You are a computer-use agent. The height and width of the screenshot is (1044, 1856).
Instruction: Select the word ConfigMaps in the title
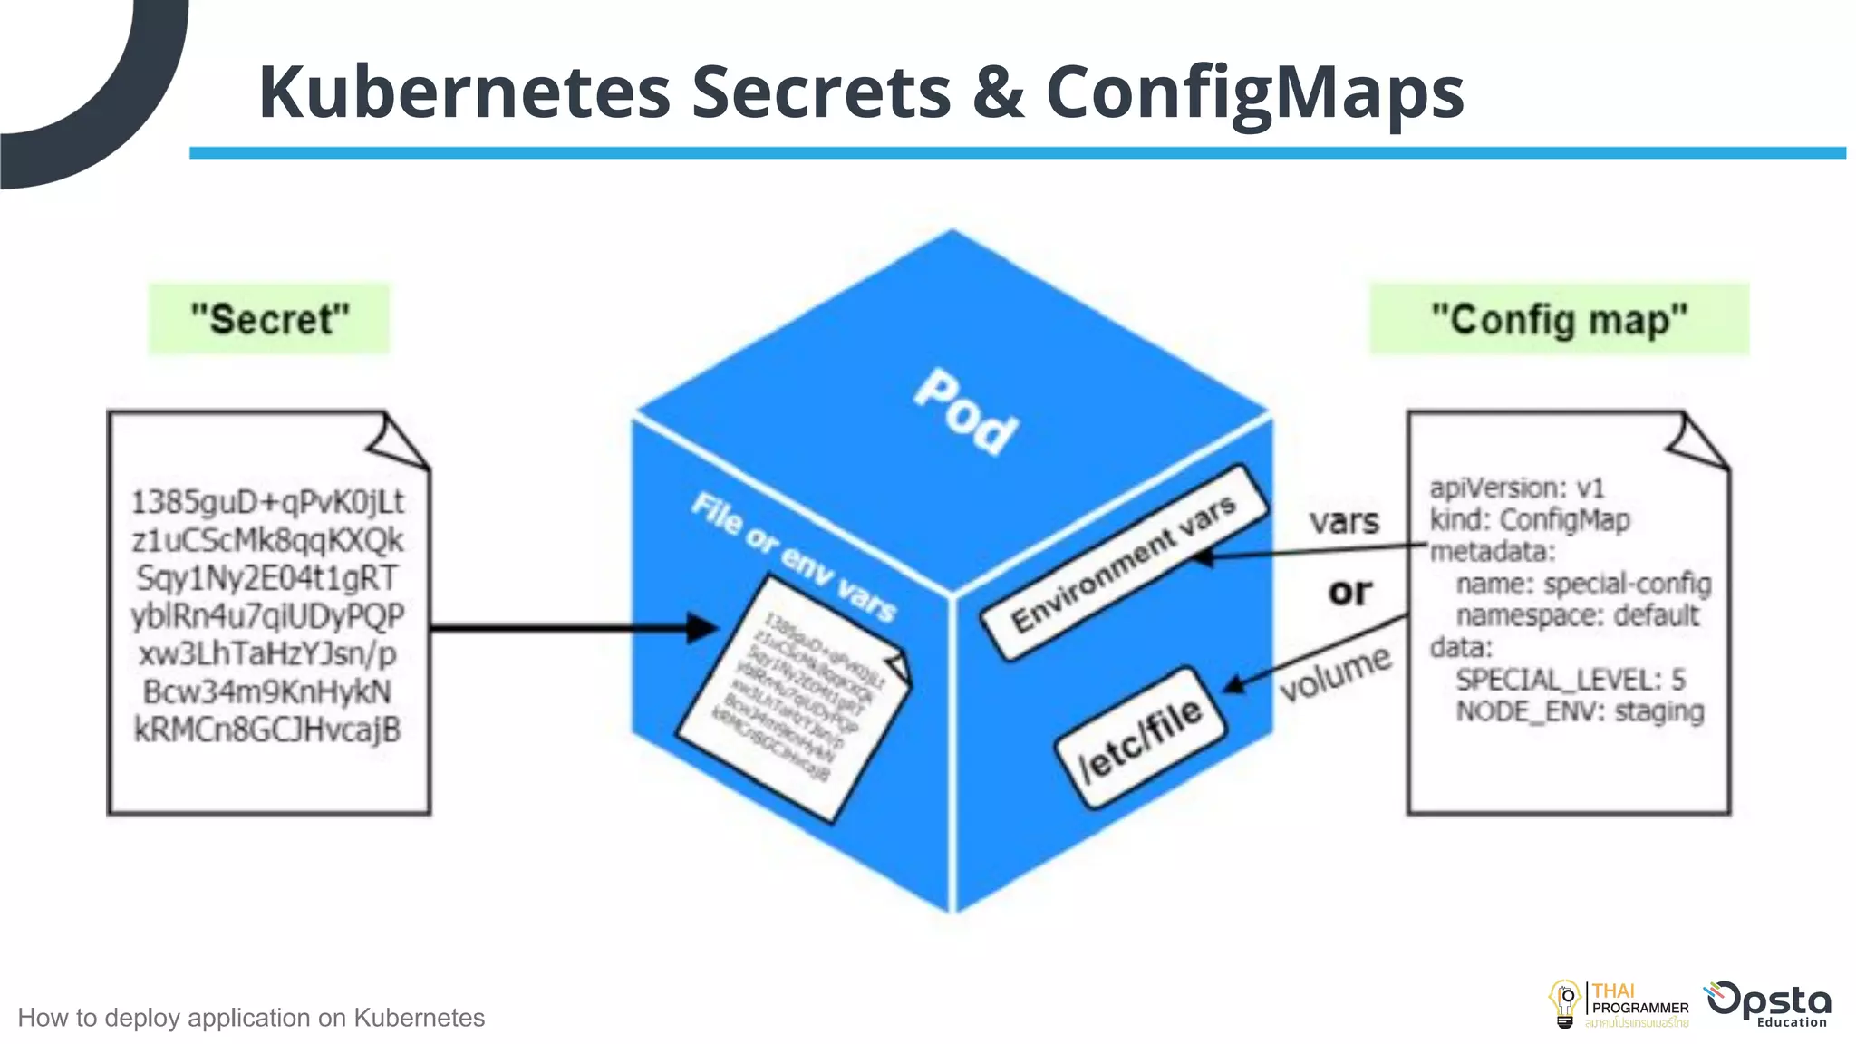[x=1255, y=93]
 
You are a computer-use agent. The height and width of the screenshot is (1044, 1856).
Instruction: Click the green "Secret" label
[x=269, y=319]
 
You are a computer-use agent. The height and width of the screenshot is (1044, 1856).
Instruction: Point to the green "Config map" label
[x=1559, y=319]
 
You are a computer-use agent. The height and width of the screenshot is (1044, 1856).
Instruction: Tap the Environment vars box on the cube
[x=1124, y=564]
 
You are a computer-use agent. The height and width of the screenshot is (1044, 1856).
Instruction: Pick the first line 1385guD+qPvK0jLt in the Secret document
[x=268, y=502]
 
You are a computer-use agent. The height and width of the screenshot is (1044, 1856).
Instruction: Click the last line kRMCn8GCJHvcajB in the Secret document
[x=268, y=730]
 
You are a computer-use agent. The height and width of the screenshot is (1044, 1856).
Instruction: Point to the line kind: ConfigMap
[x=1530, y=520]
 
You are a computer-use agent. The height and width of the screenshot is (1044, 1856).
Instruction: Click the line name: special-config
[x=1583, y=584]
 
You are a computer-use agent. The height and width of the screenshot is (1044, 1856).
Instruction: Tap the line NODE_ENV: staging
[x=1580, y=711]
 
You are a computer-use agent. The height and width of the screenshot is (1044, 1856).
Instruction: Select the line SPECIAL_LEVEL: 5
[x=1571, y=680]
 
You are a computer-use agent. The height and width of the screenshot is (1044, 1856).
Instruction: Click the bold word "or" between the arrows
[x=1349, y=592]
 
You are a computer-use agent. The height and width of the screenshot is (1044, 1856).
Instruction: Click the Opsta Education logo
[x=1769, y=1004]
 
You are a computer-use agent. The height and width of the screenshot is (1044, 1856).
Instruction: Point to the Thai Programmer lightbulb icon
[x=1564, y=1004]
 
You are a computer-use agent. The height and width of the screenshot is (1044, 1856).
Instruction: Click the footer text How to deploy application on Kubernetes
[x=251, y=1018]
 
